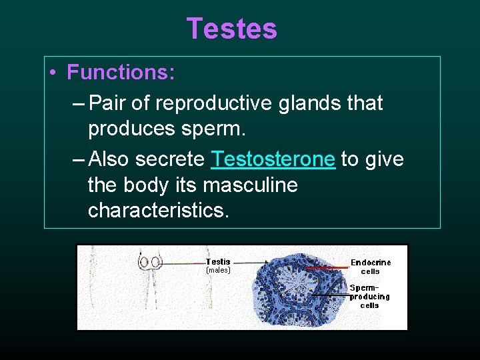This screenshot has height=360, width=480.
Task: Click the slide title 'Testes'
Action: click(231, 29)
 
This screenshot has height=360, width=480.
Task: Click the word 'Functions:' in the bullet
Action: click(121, 72)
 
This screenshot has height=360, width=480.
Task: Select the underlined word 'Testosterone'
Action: click(273, 159)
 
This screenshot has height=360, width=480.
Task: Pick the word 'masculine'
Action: click(250, 185)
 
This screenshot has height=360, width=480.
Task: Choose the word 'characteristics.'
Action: click(159, 210)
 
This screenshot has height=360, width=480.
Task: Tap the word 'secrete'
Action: click(170, 159)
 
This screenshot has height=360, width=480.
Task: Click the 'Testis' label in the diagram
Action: click(218, 262)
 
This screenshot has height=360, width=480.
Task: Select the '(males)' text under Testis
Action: click(218, 271)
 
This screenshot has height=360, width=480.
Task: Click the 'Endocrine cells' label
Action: click(371, 267)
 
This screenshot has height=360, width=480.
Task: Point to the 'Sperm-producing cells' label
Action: click(369, 297)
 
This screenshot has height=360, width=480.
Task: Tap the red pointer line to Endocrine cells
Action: click(327, 267)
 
